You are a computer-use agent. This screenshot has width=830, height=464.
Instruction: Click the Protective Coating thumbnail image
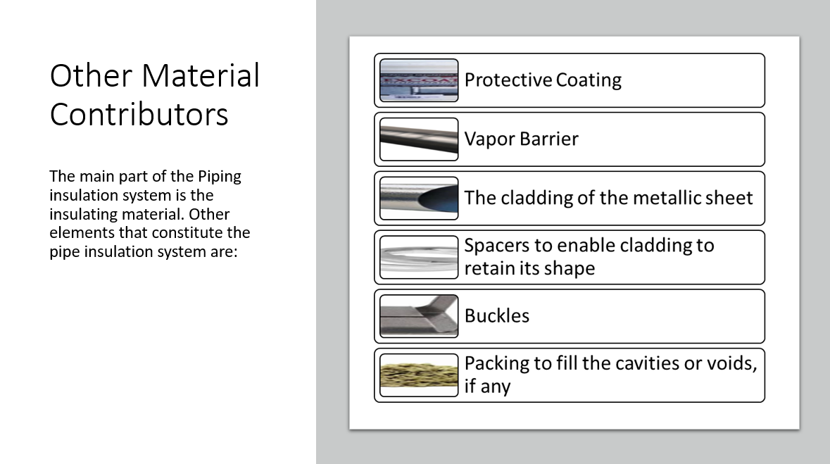(419, 80)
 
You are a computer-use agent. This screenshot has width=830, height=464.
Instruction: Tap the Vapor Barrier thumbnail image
(419, 139)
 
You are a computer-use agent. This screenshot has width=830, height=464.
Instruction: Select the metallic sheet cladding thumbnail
(419, 198)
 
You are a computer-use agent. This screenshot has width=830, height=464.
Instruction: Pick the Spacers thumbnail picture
(419, 258)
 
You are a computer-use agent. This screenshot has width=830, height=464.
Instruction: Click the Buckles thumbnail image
(419, 316)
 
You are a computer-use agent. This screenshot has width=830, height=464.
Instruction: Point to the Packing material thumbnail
(419, 375)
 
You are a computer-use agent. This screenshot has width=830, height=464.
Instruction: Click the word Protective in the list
(508, 80)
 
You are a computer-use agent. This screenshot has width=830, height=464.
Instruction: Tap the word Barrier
(549, 139)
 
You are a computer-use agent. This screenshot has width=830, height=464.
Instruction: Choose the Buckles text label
(496, 315)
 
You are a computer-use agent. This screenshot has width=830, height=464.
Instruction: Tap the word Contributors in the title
(139, 114)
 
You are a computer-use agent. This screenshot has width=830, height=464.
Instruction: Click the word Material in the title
(201, 75)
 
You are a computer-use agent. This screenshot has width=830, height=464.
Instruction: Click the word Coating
(589, 80)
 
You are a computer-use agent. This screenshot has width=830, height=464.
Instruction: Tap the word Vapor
(490, 139)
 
